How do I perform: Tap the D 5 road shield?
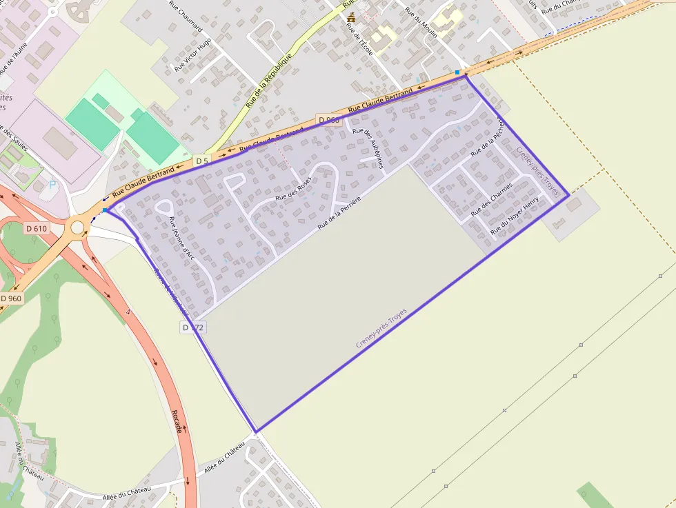pos(201,161)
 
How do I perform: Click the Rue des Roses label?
pos(294,188)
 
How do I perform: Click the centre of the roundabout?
pos(77,226)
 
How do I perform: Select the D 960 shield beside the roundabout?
pos(12,298)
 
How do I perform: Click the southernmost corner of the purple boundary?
pos(256,432)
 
